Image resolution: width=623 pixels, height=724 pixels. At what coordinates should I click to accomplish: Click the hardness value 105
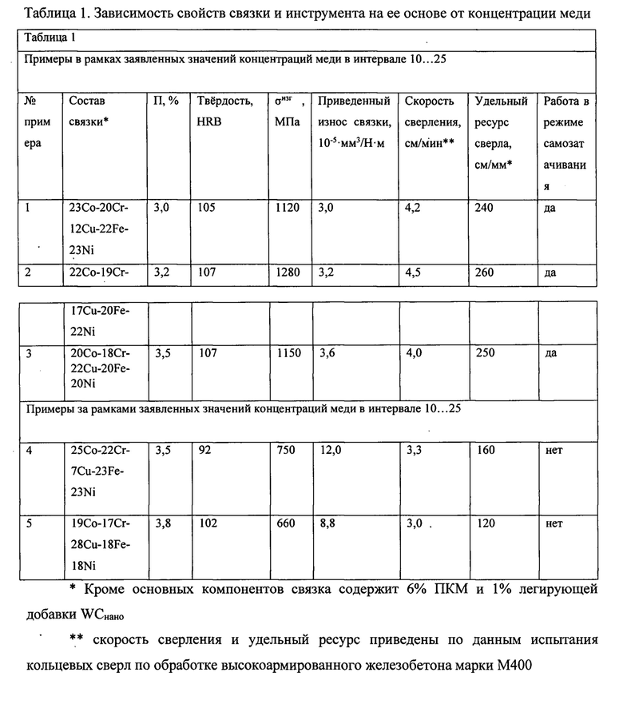[208, 208]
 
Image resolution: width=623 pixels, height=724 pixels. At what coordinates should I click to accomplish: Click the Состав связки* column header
[87, 112]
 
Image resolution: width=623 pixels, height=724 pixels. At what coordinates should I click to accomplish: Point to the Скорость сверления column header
[430, 112]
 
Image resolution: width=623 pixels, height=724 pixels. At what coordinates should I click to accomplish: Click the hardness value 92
[204, 451]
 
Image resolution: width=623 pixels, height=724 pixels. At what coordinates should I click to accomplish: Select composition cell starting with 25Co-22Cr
[99, 471]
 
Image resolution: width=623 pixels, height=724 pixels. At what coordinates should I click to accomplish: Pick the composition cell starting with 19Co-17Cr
[99, 545]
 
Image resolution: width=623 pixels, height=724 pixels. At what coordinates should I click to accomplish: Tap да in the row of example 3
[551, 352]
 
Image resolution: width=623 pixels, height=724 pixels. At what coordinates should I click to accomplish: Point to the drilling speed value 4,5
[414, 272]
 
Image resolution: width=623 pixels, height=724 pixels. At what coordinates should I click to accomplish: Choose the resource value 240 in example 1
[485, 208]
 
